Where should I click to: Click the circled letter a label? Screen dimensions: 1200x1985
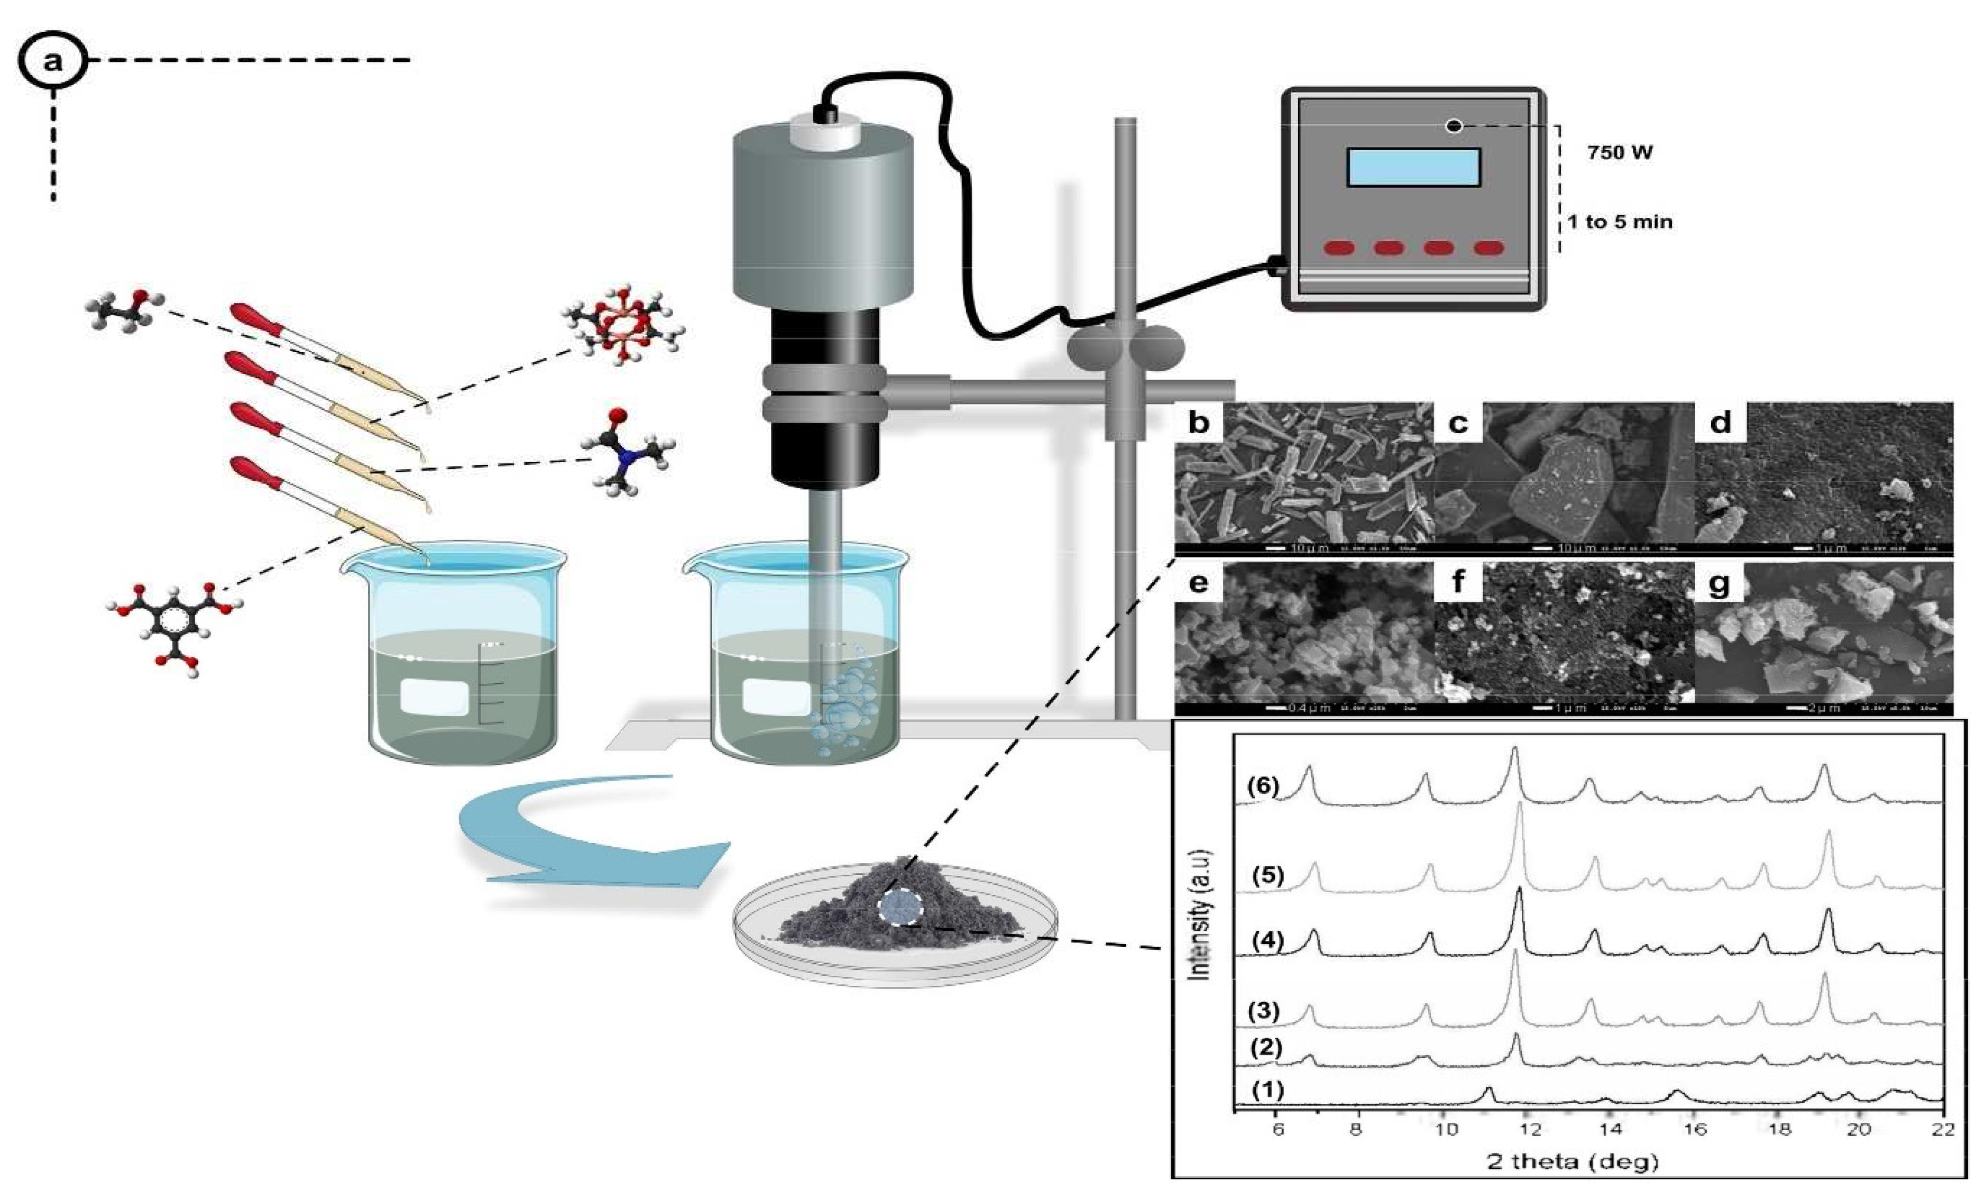[52, 60]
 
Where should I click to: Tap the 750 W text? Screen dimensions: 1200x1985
[1619, 152]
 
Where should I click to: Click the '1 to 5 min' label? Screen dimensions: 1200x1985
[1619, 222]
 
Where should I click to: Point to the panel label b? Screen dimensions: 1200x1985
[1198, 422]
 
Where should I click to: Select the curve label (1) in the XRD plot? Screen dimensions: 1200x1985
[1267, 1089]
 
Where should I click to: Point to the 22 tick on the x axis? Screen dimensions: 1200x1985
[1942, 1129]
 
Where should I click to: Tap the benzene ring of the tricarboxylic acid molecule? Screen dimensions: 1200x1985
[173, 620]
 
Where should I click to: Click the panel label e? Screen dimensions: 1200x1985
[1198, 582]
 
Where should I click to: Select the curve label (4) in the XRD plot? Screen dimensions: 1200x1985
[1267, 940]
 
